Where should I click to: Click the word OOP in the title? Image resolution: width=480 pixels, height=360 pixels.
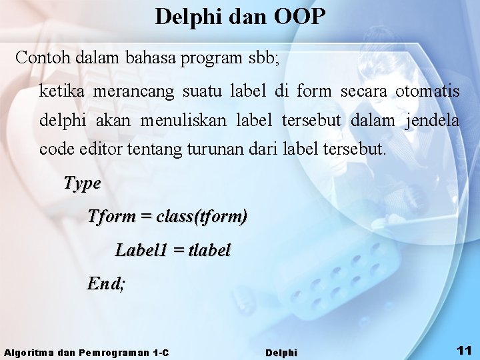[299, 17]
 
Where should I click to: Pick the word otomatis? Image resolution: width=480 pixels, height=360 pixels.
[427, 91]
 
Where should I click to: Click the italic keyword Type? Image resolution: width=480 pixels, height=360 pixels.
[82, 183]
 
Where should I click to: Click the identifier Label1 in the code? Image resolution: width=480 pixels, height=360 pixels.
[141, 250]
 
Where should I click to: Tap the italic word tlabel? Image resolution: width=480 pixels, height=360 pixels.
[209, 250]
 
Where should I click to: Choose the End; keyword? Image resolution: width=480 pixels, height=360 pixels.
[106, 283]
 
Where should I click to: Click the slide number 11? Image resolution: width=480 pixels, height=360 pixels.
[464, 350]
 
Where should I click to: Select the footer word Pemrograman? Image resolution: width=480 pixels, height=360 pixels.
[114, 352]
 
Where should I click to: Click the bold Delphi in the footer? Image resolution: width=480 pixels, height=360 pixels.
[281, 352]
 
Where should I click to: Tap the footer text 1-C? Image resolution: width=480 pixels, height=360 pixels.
[161, 352]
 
